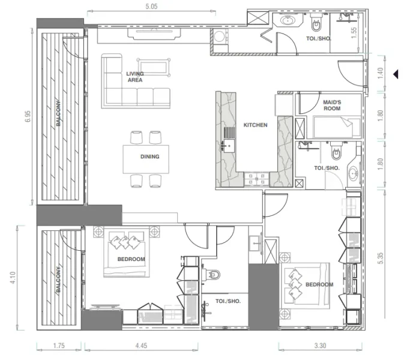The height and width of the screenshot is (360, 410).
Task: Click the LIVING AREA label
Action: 135,77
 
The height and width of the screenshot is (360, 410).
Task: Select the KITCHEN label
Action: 255,125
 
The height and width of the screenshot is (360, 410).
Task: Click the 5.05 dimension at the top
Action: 151,7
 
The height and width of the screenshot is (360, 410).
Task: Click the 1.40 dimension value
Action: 381,74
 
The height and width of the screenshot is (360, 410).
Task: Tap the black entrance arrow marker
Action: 396,74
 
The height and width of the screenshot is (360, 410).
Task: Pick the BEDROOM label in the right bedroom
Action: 319,284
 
